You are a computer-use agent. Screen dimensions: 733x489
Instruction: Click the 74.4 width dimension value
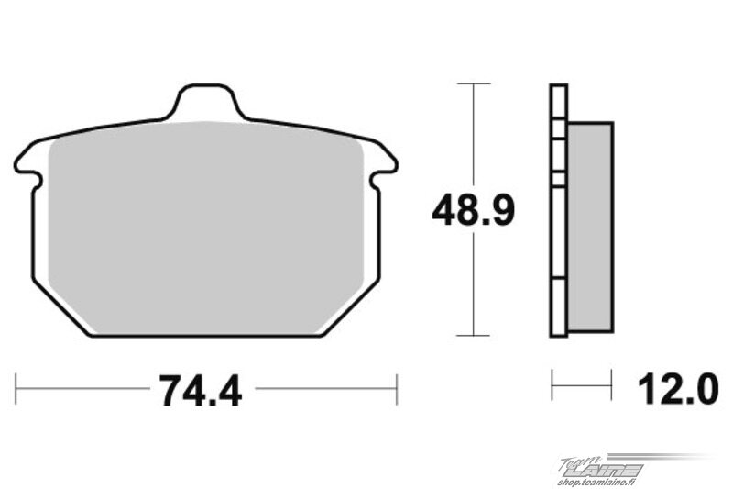click(x=201, y=391)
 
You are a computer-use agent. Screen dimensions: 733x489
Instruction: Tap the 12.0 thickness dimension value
click(x=678, y=389)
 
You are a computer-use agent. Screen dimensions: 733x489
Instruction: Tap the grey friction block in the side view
click(x=590, y=227)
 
